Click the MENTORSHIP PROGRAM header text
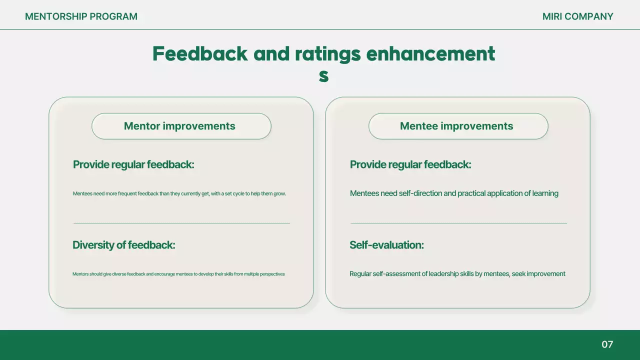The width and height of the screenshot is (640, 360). point(81,16)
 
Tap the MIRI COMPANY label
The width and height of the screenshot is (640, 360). point(577,16)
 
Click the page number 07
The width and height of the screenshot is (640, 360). point(607,344)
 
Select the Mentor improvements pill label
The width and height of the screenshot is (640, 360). point(179,126)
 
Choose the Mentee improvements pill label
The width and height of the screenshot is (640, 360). point(456,126)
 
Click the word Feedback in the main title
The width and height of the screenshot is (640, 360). point(200,54)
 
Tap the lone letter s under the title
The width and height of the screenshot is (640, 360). point(323,75)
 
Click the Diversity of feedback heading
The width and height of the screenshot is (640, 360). point(123,245)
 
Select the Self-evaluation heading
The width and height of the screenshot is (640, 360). point(386,245)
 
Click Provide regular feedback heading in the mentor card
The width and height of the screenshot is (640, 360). point(133,164)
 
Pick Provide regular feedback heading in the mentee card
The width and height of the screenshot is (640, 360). point(410,164)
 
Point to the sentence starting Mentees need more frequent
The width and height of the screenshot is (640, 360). point(179,193)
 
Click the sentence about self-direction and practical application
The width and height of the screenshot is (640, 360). point(454,193)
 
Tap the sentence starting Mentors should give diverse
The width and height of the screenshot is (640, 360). point(178,274)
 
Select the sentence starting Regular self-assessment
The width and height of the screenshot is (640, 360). point(457,274)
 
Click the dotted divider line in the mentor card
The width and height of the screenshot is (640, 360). point(181,223)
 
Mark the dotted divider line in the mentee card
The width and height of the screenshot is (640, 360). point(458,223)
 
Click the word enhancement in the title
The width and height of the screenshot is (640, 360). point(430,54)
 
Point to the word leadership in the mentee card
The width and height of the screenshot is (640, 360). point(445,274)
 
